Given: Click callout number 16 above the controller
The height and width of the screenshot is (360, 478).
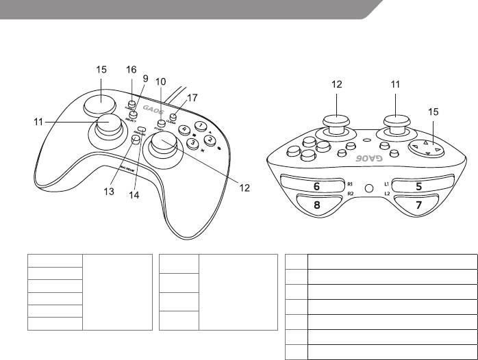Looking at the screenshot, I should (131, 70).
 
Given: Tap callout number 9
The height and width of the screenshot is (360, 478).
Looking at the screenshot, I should (145, 79).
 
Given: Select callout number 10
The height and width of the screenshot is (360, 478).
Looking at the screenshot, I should (160, 81).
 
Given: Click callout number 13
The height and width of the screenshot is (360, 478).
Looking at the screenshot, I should (109, 192).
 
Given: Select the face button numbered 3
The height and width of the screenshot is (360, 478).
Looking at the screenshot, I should (193, 143).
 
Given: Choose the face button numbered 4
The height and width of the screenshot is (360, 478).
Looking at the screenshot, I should (184, 129).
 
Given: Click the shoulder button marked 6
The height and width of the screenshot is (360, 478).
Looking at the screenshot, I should (316, 186).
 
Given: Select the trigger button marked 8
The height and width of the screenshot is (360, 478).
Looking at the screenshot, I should (317, 203).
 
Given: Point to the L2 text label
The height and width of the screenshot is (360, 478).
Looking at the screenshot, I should (387, 194).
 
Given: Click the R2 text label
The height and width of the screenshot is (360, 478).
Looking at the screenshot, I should (349, 194).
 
